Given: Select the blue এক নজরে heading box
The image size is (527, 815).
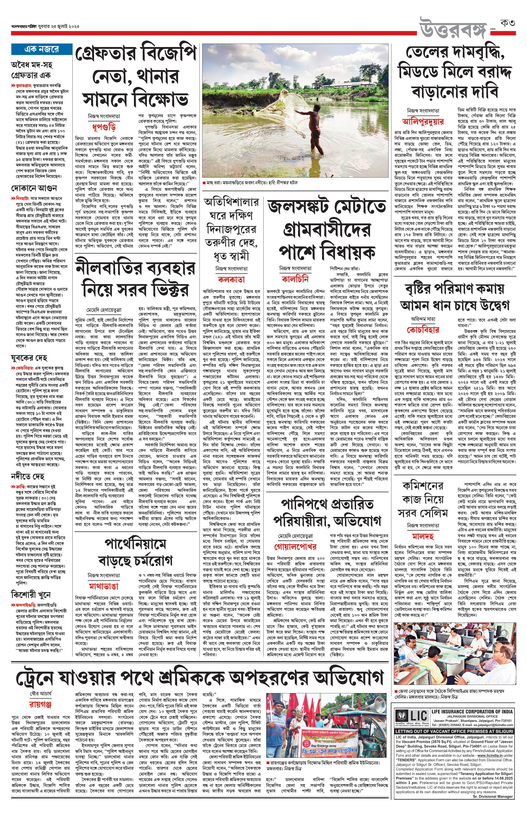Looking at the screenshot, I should point(42,49).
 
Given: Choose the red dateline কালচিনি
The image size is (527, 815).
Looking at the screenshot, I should point(295,279).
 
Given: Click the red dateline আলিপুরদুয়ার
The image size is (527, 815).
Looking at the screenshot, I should point(423,122).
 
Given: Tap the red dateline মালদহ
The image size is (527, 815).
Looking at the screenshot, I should point(423,535).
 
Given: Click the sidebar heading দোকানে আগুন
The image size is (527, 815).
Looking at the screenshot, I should point(34,188).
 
